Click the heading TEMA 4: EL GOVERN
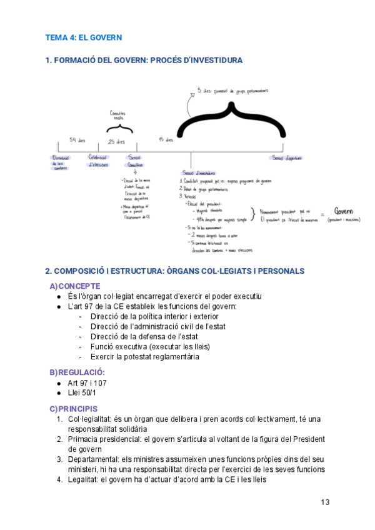83,37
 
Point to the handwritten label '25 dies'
117,141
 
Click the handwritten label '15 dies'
166,139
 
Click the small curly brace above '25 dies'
119,128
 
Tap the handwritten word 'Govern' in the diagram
344,211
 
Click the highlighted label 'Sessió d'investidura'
199,172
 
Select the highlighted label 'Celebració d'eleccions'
98,161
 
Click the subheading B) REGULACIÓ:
77,372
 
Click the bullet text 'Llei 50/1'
85,393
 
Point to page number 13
325,502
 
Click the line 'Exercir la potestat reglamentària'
145,357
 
